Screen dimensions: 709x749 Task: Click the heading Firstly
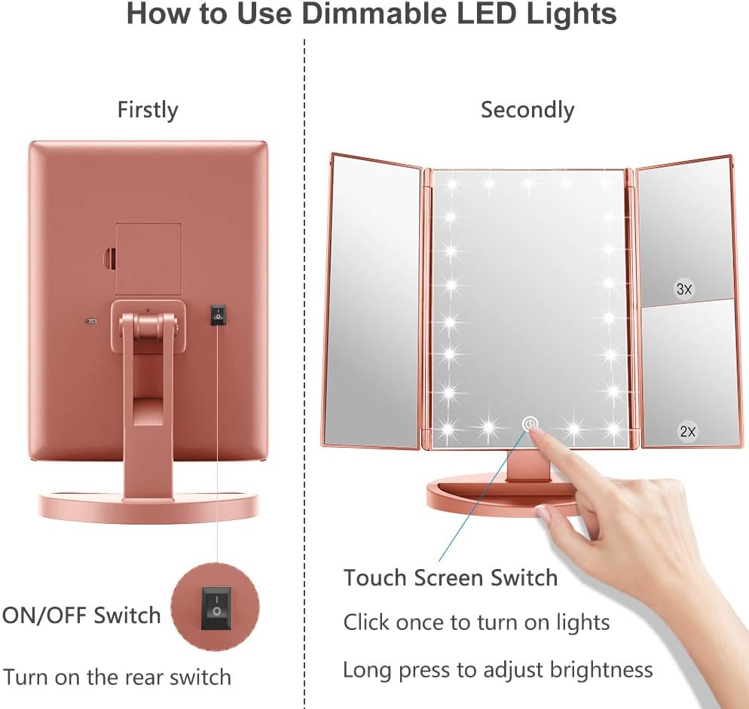click(x=148, y=110)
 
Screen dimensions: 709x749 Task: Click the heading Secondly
click(x=527, y=110)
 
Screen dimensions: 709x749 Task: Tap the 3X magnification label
click(x=684, y=289)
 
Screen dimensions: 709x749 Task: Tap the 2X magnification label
click(x=687, y=431)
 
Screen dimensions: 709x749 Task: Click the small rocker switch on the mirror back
click(x=218, y=315)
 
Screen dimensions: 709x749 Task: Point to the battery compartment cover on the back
click(x=148, y=258)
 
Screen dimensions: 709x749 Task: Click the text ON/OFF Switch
click(x=81, y=615)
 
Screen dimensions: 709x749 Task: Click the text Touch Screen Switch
click(x=451, y=578)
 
